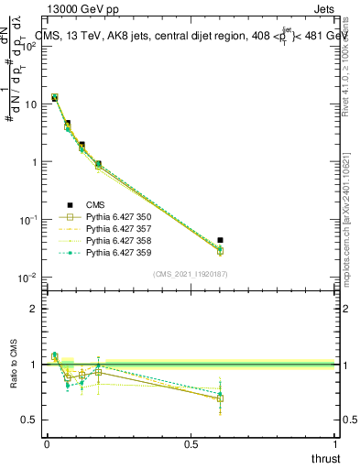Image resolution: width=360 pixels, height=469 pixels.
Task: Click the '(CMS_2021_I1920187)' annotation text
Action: coord(191,273)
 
